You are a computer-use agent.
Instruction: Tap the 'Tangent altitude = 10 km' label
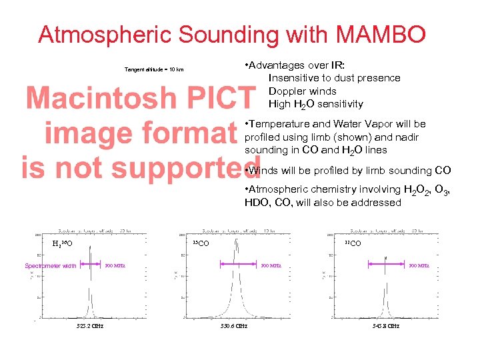pyautogui.click(x=154, y=70)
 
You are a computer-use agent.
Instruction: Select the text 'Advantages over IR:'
pyautogui.click(x=298, y=65)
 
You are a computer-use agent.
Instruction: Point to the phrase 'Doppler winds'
pyautogui.click(x=302, y=91)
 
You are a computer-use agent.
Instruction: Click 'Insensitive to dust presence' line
pyautogui.click(x=334, y=78)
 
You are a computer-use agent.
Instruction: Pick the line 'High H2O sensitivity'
pyautogui.click(x=315, y=104)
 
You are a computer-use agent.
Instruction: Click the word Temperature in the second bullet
pyautogui.click(x=278, y=124)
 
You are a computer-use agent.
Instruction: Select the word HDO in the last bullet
pyautogui.click(x=256, y=203)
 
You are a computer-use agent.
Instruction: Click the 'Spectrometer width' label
pyautogui.click(x=51, y=267)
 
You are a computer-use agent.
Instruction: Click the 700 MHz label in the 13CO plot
pyautogui.click(x=271, y=267)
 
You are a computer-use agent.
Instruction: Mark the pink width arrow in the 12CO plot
pyautogui.click(x=386, y=265)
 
